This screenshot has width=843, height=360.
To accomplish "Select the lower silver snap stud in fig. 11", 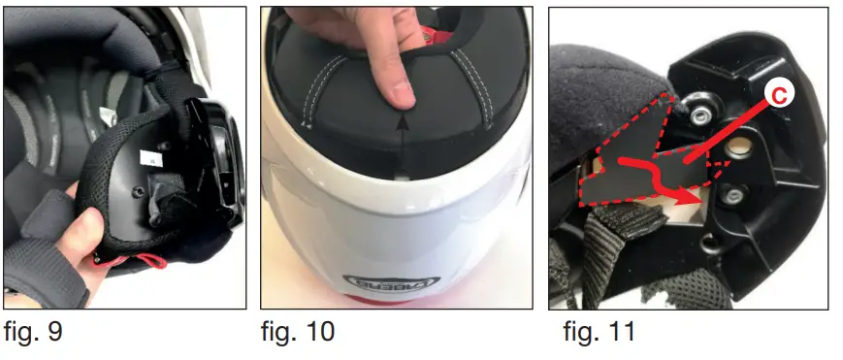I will click(x=734, y=200).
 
